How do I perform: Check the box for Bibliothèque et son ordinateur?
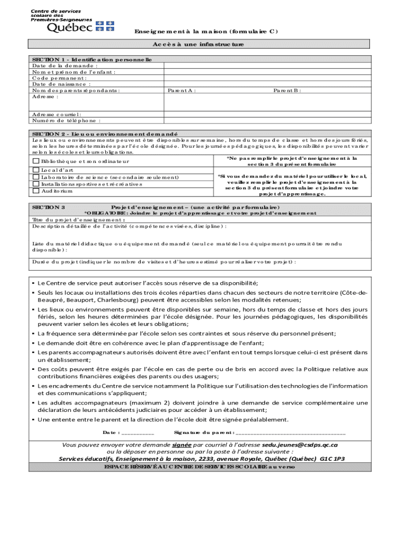[x=36, y=161]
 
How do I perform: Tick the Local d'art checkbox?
[x=36, y=170]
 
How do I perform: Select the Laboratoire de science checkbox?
[x=36, y=177]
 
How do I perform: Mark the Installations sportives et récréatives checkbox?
[x=36, y=184]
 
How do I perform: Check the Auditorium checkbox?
[x=36, y=191]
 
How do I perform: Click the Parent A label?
[x=181, y=90]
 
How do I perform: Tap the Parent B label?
[x=287, y=90]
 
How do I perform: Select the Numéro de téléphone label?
[x=66, y=120]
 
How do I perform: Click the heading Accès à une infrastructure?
[x=202, y=45]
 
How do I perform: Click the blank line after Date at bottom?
[x=137, y=433]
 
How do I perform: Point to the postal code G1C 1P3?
[x=332, y=459]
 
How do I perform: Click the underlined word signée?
[x=181, y=444]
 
